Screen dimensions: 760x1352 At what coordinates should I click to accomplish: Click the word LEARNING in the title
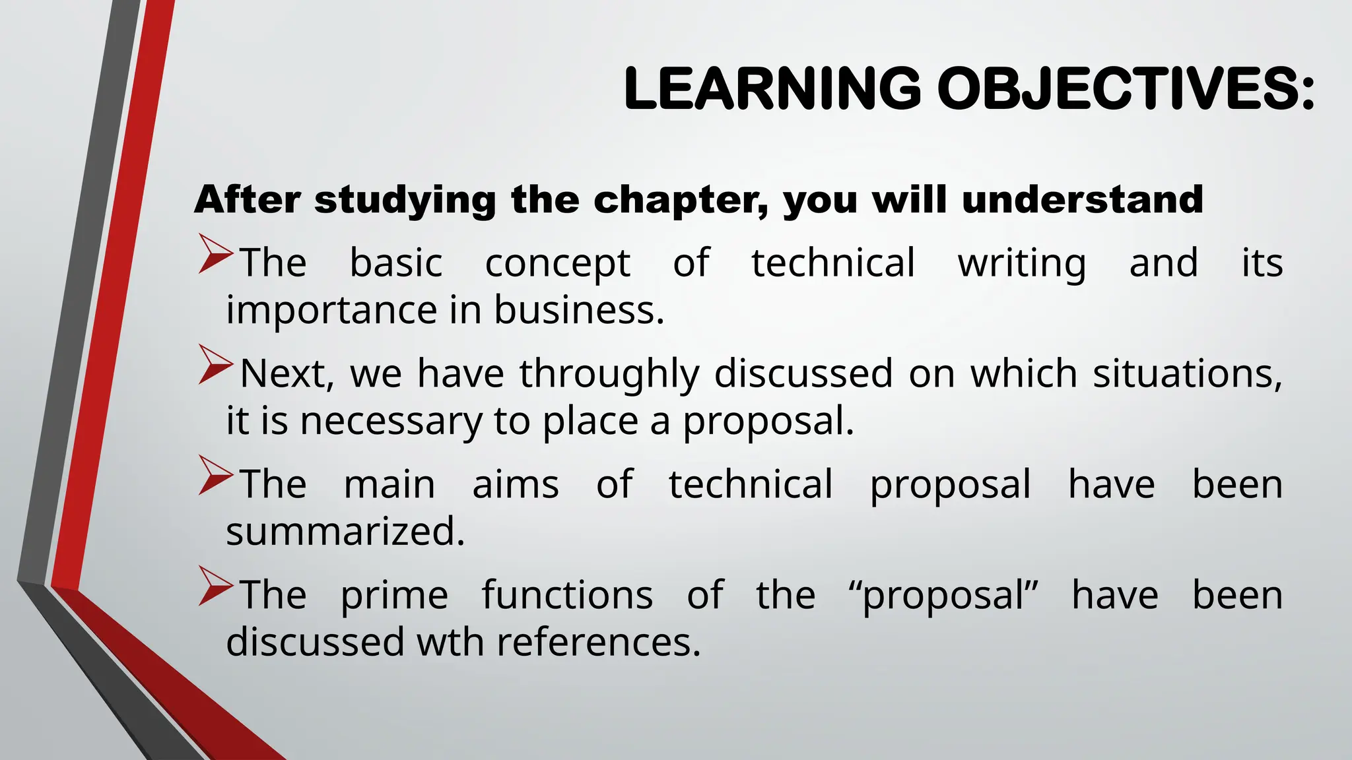click(x=772, y=88)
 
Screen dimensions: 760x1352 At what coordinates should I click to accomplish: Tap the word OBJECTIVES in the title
click(x=1126, y=88)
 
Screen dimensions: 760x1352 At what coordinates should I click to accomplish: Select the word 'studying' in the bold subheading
click(x=405, y=199)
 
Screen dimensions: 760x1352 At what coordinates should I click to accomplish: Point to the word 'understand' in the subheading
click(x=1083, y=199)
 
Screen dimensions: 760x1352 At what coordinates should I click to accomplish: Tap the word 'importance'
click(x=331, y=310)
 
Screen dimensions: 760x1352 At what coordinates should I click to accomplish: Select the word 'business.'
click(x=579, y=310)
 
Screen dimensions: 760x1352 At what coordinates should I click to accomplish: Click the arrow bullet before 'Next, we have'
click(x=215, y=366)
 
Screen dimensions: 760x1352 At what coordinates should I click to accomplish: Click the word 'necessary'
click(x=391, y=421)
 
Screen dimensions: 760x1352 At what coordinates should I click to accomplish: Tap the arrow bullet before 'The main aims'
click(x=215, y=477)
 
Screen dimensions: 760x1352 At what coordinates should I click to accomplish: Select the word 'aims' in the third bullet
click(x=516, y=485)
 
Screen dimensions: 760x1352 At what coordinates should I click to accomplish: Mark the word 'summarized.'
click(x=345, y=531)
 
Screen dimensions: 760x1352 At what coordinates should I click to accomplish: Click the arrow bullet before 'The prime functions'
click(x=215, y=587)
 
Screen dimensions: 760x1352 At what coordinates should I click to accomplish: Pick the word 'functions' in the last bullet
click(x=567, y=595)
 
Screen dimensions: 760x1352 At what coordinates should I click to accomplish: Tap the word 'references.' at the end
click(x=598, y=642)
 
